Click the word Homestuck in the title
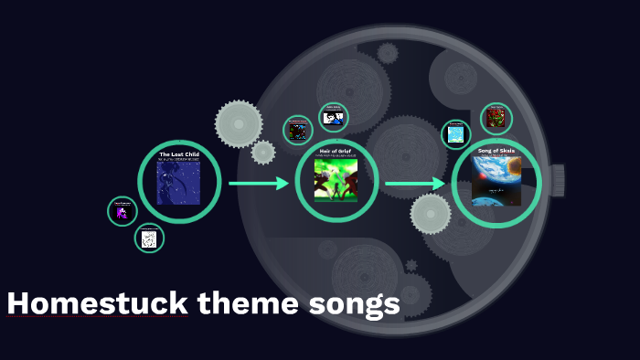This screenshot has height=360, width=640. pyautogui.click(x=97, y=304)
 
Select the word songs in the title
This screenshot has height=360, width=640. pyautogui.click(x=353, y=304)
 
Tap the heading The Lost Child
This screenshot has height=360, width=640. pyautogui.click(x=178, y=154)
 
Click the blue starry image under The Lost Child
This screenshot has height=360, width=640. pyautogui.click(x=178, y=184)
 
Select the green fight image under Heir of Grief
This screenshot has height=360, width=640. pyautogui.click(x=336, y=180)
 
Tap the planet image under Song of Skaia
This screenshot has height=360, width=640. pyautogui.click(x=496, y=180)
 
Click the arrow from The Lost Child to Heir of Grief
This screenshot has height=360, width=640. pyautogui.click(x=258, y=184)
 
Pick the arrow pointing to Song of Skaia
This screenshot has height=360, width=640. pyautogui.click(x=414, y=184)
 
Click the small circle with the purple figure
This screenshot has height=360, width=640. pyautogui.click(x=122, y=212)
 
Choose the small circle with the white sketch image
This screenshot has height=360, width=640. pyautogui.click(x=149, y=238)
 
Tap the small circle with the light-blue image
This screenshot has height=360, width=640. pyautogui.click(x=455, y=134)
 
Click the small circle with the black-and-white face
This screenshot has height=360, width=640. pyautogui.click(x=334, y=117)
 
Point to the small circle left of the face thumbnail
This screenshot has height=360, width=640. pyautogui.click(x=297, y=130)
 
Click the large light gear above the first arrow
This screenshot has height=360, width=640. pyautogui.click(x=238, y=123)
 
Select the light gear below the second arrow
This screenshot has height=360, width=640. pyautogui.click(x=431, y=214)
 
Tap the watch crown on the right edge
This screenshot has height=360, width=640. pyautogui.click(x=557, y=180)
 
